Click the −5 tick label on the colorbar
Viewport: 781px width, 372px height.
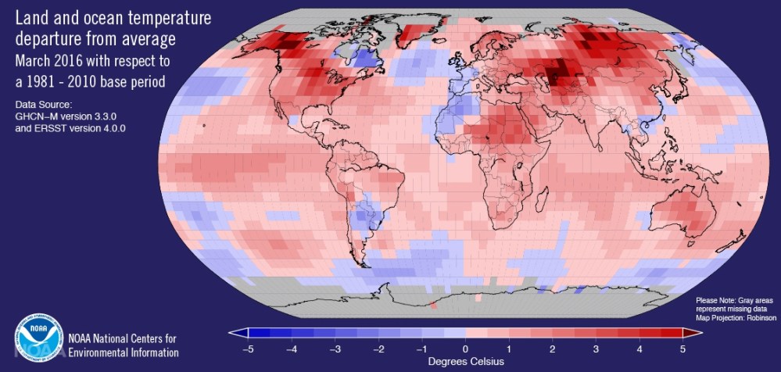click(249, 349)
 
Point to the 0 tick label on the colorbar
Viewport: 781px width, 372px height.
click(465, 349)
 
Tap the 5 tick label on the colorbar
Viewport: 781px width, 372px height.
click(683, 349)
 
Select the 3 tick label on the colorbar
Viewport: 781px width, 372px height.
click(596, 349)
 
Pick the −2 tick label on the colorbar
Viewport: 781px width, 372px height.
click(379, 349)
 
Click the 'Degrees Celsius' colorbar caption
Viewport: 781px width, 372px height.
click(466, 362)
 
